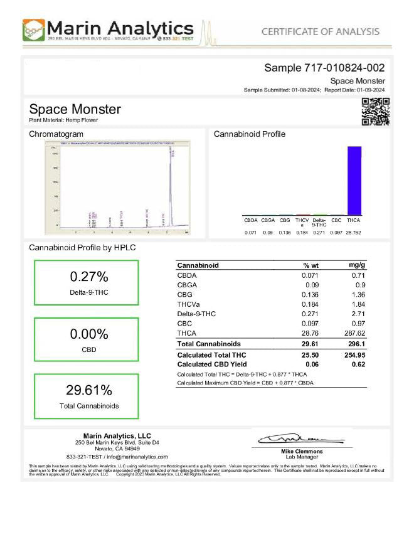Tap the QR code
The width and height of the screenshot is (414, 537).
coord(376,112)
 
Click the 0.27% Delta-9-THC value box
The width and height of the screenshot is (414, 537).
coord(89,282)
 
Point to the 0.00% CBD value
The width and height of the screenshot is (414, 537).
coord(89,334)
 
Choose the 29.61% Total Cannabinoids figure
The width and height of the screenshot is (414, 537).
coord(89,390)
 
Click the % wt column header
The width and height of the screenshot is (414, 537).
coord(312,265)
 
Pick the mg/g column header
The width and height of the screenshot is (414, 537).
coord(357,265)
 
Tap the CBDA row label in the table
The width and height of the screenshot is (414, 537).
coord(188,275)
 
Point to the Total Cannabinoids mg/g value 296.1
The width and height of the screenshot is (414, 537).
coord(356,344)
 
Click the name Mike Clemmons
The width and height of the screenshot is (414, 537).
coord(302,451)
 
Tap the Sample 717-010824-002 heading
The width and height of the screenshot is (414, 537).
coord(324,68)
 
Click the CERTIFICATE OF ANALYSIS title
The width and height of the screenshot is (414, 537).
coord(320,31)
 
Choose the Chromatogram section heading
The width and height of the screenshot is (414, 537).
coord(56,134)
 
